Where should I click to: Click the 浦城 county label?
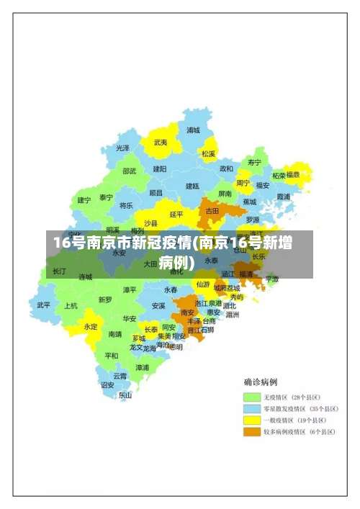click(x=193, y=130)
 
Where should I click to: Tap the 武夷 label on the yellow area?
click(x=160, y=143)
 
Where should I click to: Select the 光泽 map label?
click(x=122, y=148)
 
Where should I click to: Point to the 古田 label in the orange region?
click(x=212, y=211)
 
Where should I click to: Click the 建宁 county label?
click(x=84, y=199)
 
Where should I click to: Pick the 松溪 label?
click(x=208, y=153)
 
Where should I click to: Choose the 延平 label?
click(x=176, y=214)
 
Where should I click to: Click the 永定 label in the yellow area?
click(x=91, y=326)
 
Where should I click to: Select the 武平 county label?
click(x=44, y=305)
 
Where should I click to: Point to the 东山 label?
click(x=125, y=395)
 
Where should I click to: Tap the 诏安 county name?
click(x=107, y=384)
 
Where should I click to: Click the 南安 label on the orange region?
click(x=187, y=312)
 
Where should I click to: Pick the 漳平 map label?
click(x=130, y=289)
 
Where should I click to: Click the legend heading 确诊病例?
click(x=260, y=382)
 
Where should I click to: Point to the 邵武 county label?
click(x=129, y=171)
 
